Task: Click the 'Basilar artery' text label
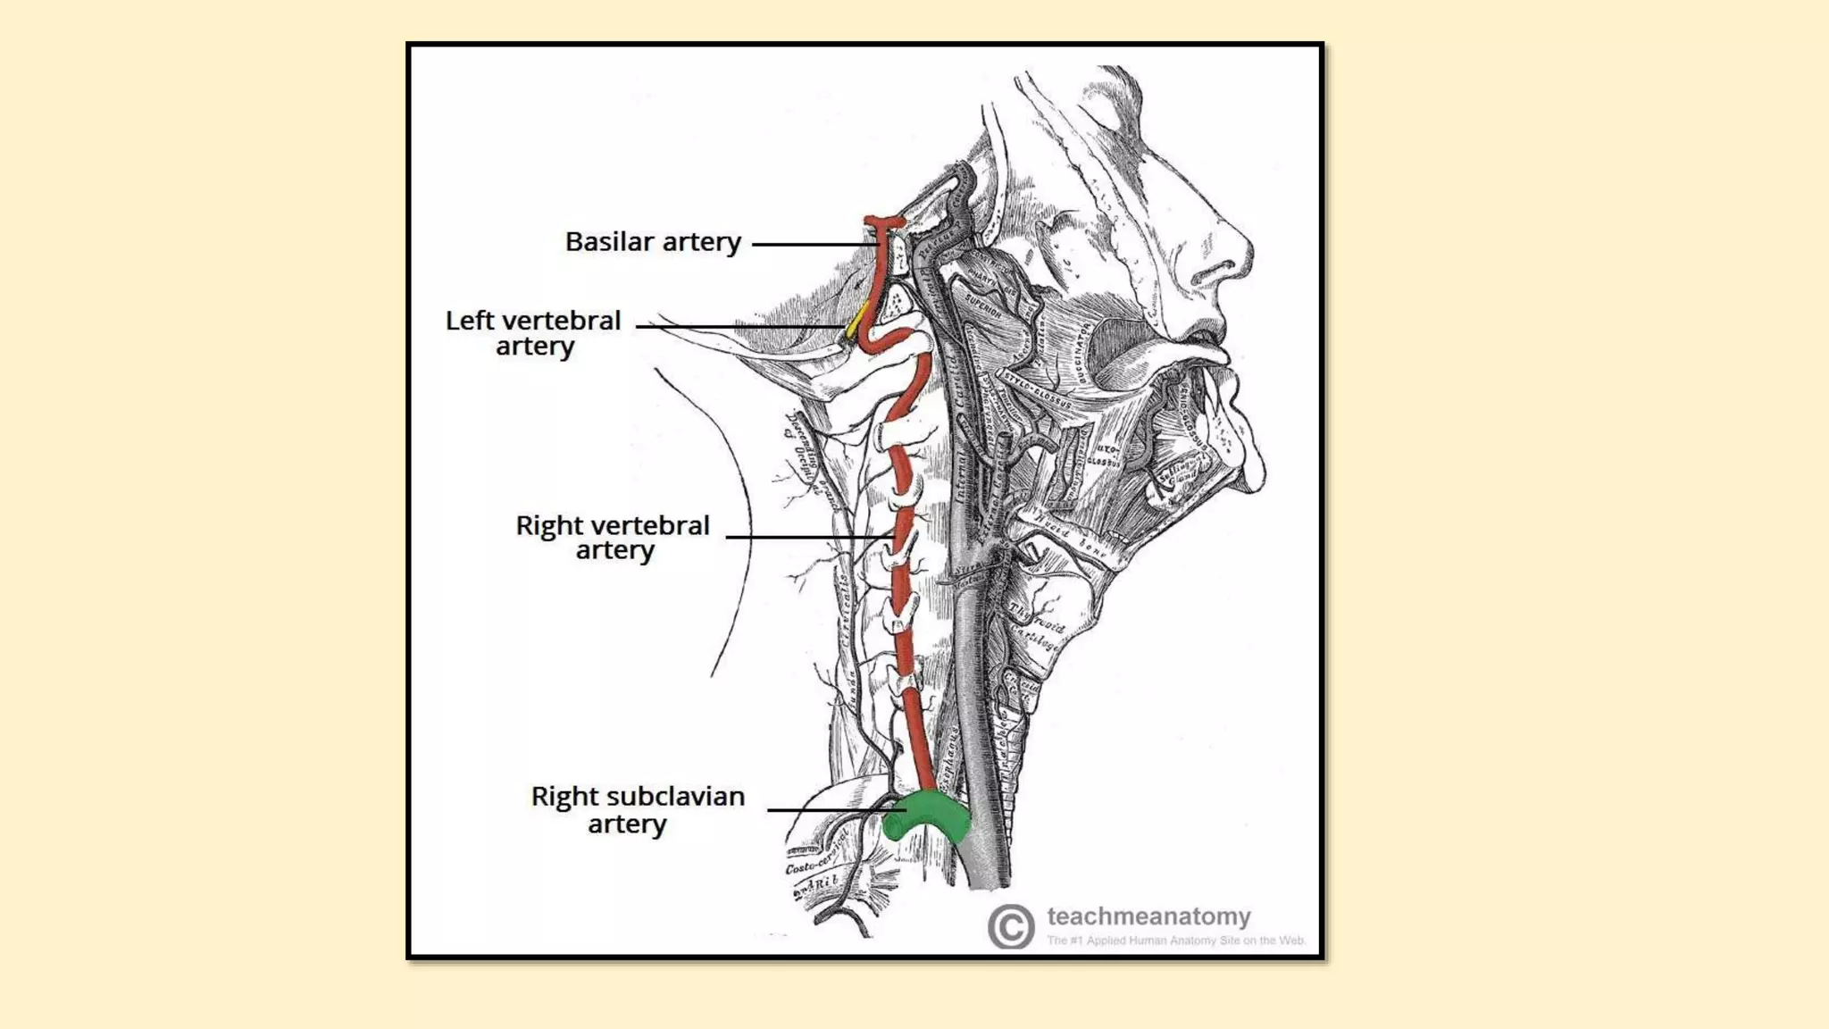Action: [x=653, y=242]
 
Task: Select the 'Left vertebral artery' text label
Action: [x=533, y=333]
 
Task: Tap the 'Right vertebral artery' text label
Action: [x=613, y=538]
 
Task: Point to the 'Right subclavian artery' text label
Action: [x=638, y=809]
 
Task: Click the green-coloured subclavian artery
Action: [x=929, y=816]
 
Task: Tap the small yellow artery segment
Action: [x=857, y=320]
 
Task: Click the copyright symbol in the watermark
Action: [x=1011, y=926]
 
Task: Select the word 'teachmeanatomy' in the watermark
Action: [x=1148, y=916]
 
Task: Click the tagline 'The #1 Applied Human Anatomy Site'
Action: [x=1175, y=941]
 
